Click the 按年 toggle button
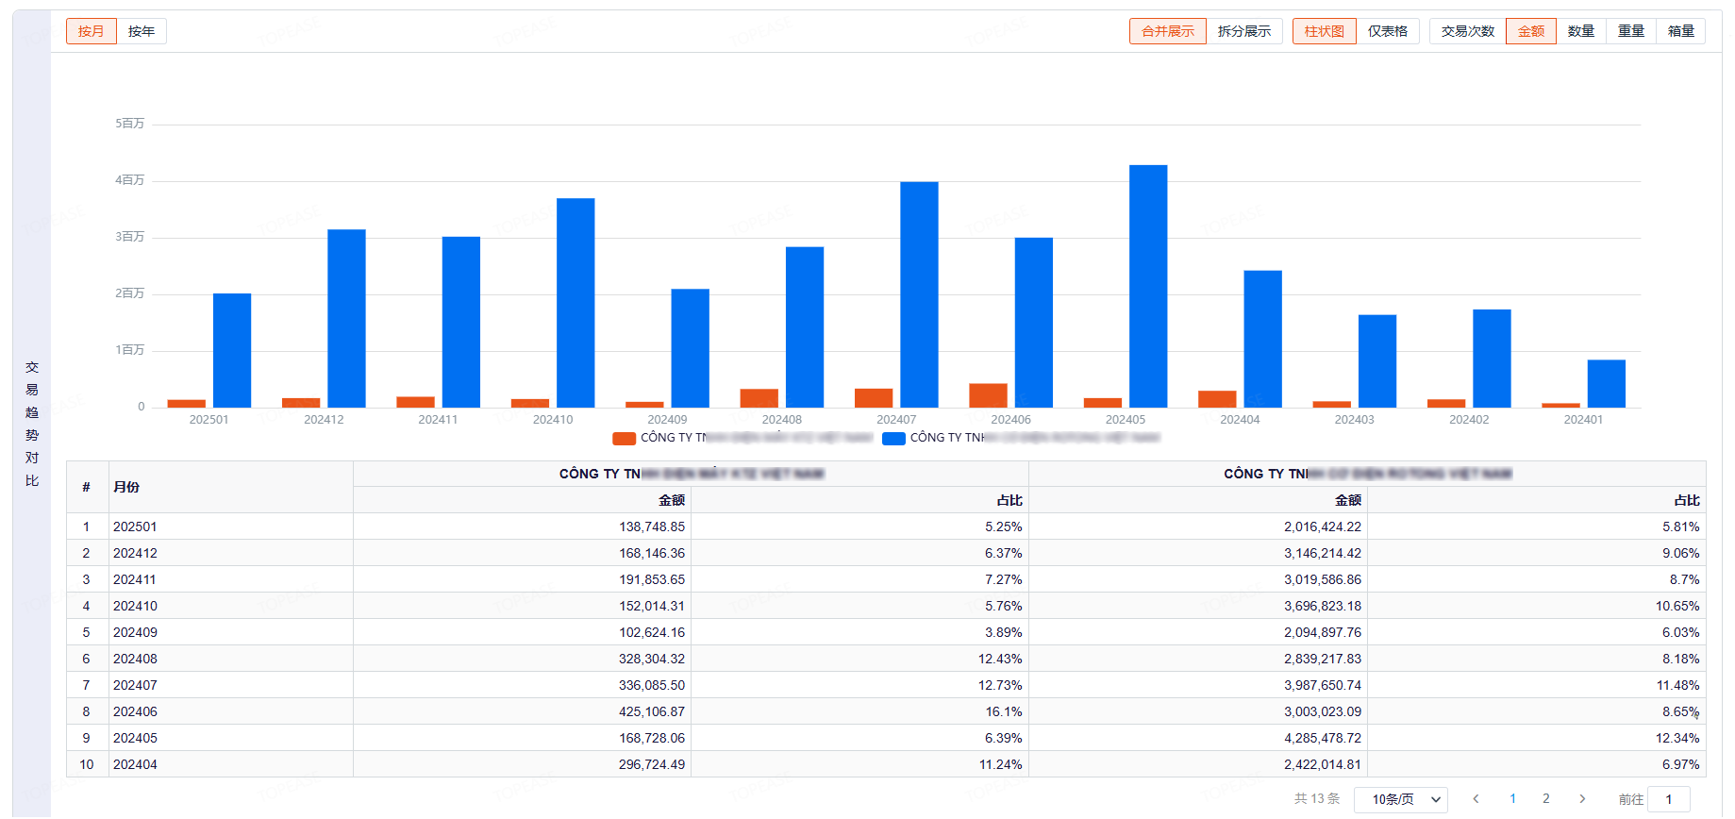142,31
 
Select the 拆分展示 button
1243,31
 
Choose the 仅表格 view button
1387,31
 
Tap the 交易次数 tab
1467,31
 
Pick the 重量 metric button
1630,31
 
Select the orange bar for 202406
988,395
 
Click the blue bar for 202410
576,303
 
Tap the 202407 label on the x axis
896,420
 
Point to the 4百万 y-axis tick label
130,180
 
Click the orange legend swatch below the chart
624,438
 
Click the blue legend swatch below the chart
893,438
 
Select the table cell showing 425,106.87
651,711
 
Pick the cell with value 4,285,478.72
1322,738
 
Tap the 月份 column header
126,487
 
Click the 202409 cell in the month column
135,632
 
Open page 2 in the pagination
1545,799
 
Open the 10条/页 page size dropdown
1400,799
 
